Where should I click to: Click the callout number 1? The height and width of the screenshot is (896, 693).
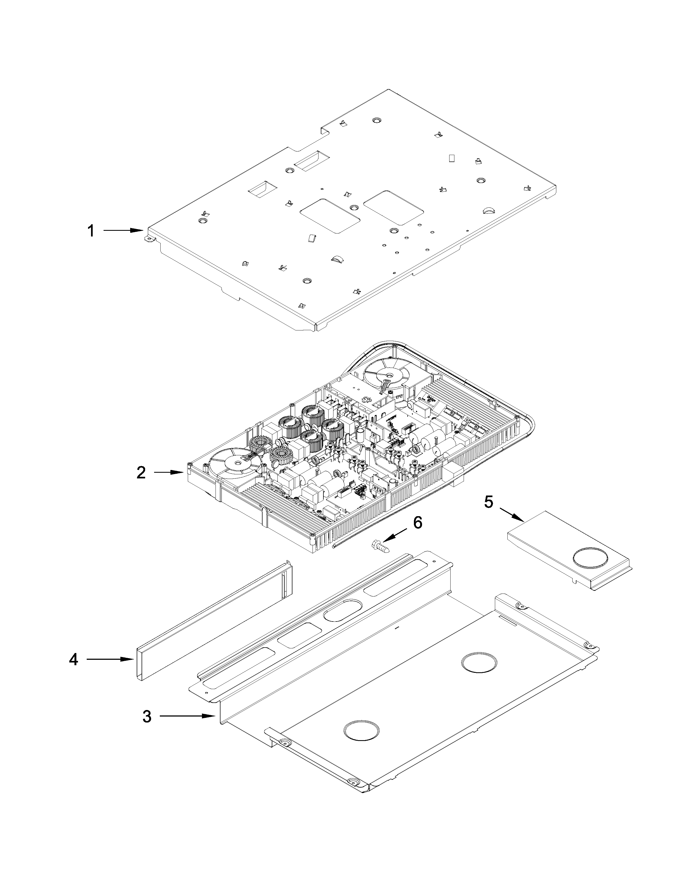(91, 231)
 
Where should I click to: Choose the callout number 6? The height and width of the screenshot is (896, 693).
(417, 523)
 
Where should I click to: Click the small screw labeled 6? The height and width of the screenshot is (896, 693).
(379, 546)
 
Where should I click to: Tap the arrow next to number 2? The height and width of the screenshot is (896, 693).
(169, 473)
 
